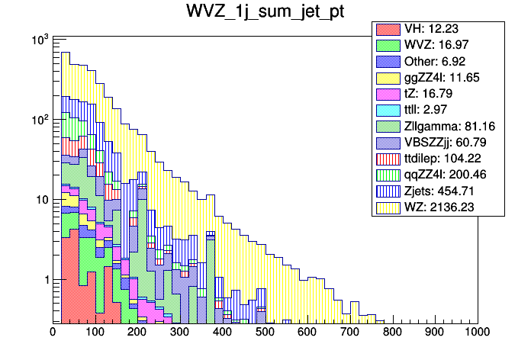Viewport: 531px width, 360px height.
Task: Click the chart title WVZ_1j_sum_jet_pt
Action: click(x=265, y=13)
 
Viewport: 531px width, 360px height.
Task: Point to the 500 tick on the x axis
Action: click(x=265, y=333)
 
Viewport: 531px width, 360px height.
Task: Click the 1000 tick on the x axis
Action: click(x=477, y=333)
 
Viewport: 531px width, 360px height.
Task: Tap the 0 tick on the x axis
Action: click(x=53, y=333)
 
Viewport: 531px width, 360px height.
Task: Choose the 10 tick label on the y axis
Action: click(x=37, y=200)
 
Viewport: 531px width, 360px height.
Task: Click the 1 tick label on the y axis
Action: click(x=43, y=280)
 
